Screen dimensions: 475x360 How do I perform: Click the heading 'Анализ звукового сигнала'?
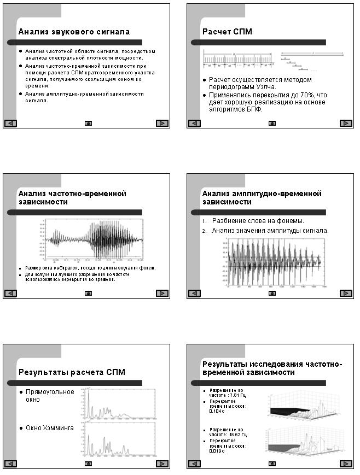pos(74,32)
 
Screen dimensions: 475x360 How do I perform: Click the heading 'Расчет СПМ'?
pos(227,32)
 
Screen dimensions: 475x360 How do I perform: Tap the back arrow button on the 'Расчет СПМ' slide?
pos(194,123)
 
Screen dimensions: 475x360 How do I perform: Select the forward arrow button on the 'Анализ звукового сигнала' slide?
pos(161,123)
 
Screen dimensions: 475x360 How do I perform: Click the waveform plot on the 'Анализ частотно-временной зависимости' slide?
pos(95,240)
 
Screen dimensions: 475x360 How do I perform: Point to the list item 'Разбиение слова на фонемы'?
pos(258,221)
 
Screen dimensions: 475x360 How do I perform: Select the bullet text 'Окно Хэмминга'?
pos(50,428)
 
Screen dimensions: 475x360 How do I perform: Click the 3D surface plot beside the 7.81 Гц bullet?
pos(304,405)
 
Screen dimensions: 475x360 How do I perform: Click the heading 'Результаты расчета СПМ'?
pos(72,372)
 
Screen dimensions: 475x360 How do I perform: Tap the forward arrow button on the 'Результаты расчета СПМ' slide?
pos(161,464)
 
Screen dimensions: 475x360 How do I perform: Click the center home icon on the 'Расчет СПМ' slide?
pos(272,123)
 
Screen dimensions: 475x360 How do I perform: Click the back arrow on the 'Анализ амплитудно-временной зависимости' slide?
pos(194,293)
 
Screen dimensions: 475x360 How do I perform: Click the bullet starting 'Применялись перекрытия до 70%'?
pos(268,102)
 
